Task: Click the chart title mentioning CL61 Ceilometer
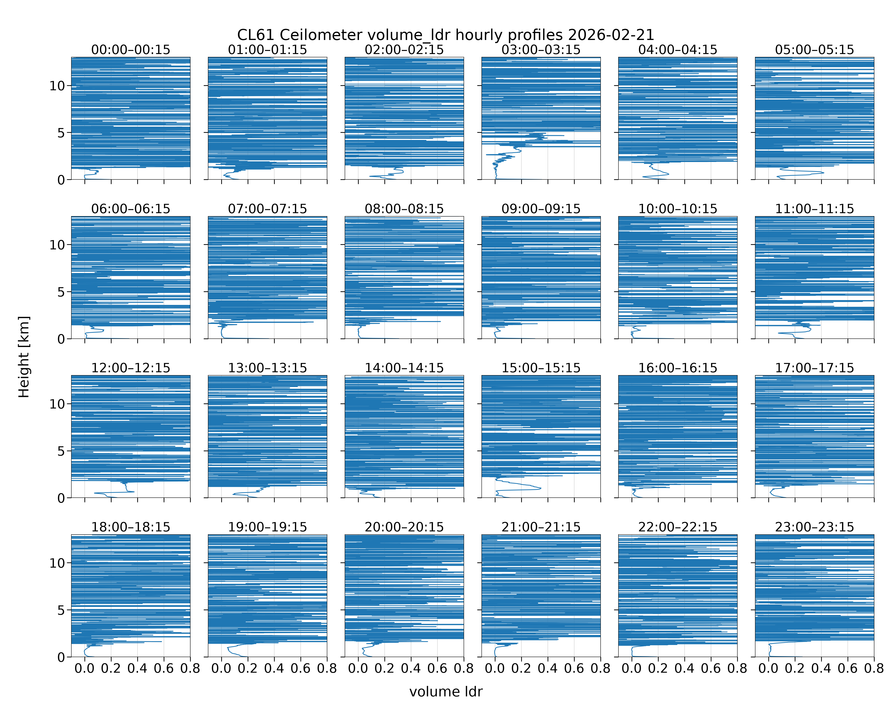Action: click(446, 35)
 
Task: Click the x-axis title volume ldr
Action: click(446, 692)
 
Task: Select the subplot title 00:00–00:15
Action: click(131, 50)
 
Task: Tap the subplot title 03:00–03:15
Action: click(541, 50)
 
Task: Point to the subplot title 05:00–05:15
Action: click(815, 50)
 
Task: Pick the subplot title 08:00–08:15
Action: click(404, 209)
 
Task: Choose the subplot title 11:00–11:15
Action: click(815, 209)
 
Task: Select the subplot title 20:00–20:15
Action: click(404, 527)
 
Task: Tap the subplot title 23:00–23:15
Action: click(815, 527)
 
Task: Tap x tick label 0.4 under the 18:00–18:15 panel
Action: click(137, 669)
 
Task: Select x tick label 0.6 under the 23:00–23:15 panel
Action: click(848, 669)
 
